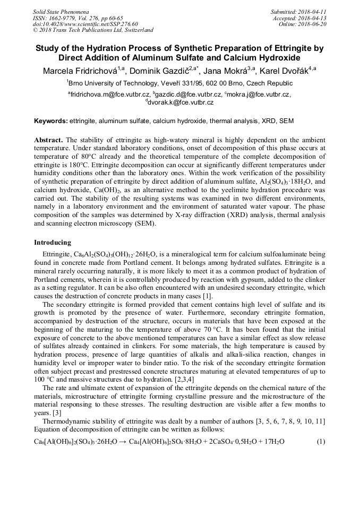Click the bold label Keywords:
tap(51, 121)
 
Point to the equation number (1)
tap(320, 442)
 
